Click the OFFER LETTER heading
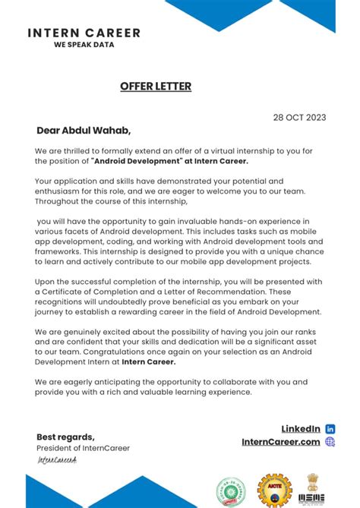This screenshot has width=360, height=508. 156,87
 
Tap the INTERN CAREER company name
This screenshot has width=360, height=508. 84,33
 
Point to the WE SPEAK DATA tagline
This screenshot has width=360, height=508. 84,45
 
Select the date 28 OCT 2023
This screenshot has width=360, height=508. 299,117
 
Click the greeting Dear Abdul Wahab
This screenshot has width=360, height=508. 84,130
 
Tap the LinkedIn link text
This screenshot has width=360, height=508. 301,429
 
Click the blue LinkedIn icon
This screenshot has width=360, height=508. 330,429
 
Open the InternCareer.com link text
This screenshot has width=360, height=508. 281,442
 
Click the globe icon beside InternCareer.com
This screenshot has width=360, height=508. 330,442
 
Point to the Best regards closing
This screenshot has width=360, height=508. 65,437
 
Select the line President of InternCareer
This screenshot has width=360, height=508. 83,448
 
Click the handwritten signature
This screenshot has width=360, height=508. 57,460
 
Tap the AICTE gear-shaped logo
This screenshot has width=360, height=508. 274,491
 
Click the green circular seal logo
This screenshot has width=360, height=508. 231,491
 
